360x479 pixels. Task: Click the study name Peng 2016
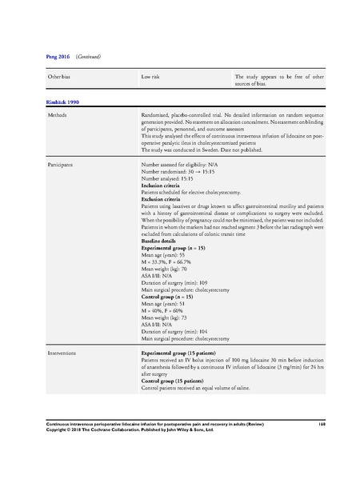point(38,58)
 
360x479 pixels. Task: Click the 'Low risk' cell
point(149,77)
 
